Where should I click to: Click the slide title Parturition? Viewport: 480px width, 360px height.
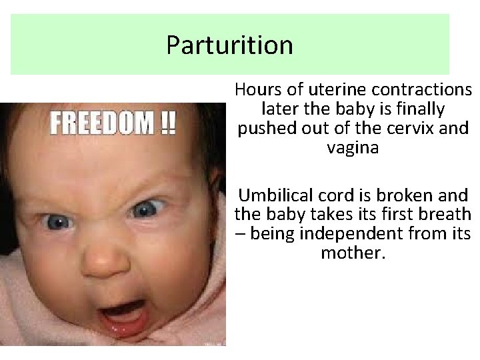[x=229, y=45]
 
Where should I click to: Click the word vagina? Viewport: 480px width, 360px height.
[x=353, y=147]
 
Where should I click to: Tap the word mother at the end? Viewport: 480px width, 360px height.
[x=353, y=254]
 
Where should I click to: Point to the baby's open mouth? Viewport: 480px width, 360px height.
[x=124, y=314]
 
